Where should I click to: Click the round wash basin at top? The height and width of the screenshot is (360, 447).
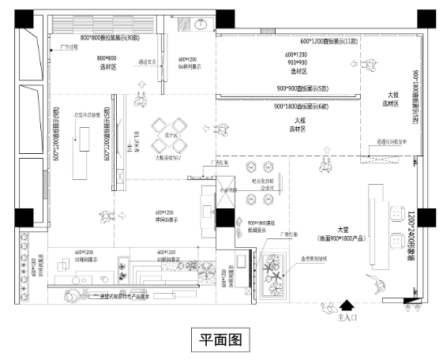(199, 23)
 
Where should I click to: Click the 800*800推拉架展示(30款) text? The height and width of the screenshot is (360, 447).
(109, 38)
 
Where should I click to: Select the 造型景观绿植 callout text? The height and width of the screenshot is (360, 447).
(320, 259)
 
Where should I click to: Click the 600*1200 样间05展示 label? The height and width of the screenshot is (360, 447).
(163, 216)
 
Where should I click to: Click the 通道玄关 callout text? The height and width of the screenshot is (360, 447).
(150, 62)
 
